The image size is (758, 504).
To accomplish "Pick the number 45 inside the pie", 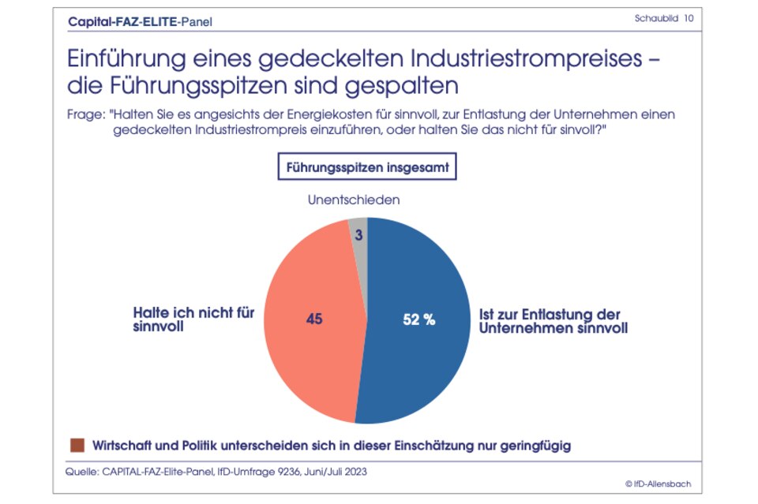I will (x=314, y=319).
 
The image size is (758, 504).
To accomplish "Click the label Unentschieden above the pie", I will (x=353, y=200).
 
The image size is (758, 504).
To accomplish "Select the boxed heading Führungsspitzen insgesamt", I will (x=367, y=168).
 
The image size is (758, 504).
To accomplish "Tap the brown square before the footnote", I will (x=77, y=446).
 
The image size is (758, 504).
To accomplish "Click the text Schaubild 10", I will (x=664, y=18).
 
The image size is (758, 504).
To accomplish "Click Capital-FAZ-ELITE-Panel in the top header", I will (x=141, y=21).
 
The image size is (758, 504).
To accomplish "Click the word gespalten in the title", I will (x=401, y=84).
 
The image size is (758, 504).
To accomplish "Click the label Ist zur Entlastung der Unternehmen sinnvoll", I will (x=553, y=321).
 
